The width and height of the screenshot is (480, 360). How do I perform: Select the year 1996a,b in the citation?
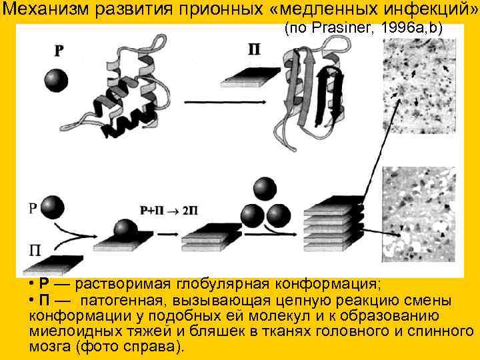click(417, 29)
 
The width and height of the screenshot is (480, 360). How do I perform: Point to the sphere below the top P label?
click(56, 80)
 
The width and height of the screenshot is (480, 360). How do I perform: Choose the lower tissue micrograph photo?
click(419, 213)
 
